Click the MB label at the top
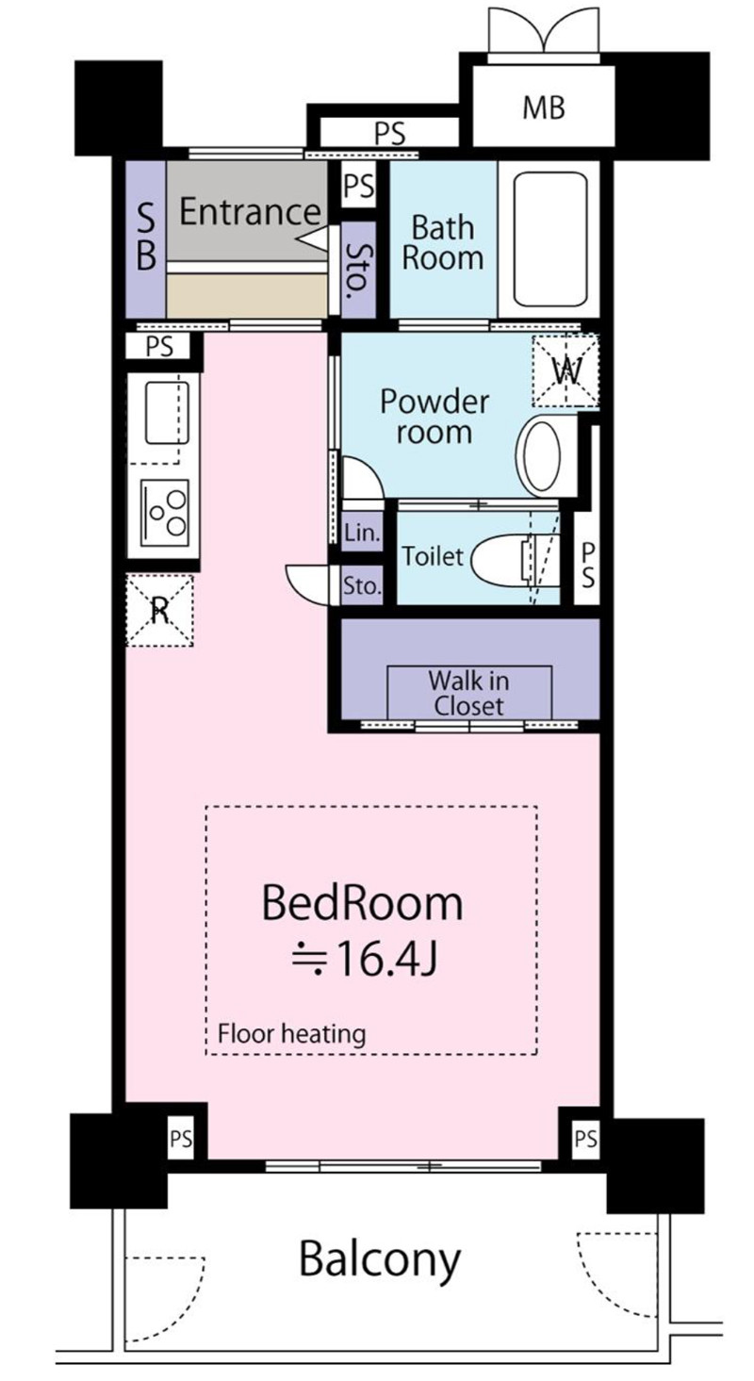(x=543, y=107)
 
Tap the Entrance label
(x=251, y=211)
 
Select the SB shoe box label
(x=145, y=238)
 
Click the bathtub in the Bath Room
(x=549, y=239)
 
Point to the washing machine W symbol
(x=565, y=371)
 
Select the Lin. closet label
(x=362, y=533)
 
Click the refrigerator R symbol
(x=159, y=610)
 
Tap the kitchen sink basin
(x=167, y=413)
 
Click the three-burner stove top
(x=165, y=513)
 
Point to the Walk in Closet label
(x=468, y=693)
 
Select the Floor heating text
(x=291, y=1032)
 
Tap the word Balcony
(x=380, y=1260)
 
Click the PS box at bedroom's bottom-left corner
(x=181, y=1138)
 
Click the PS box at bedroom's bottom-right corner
(x=585, y=1138)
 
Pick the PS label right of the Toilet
(x=588, y=565)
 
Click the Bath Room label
(x=442, y=243)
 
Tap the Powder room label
(x=434, y=417)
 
